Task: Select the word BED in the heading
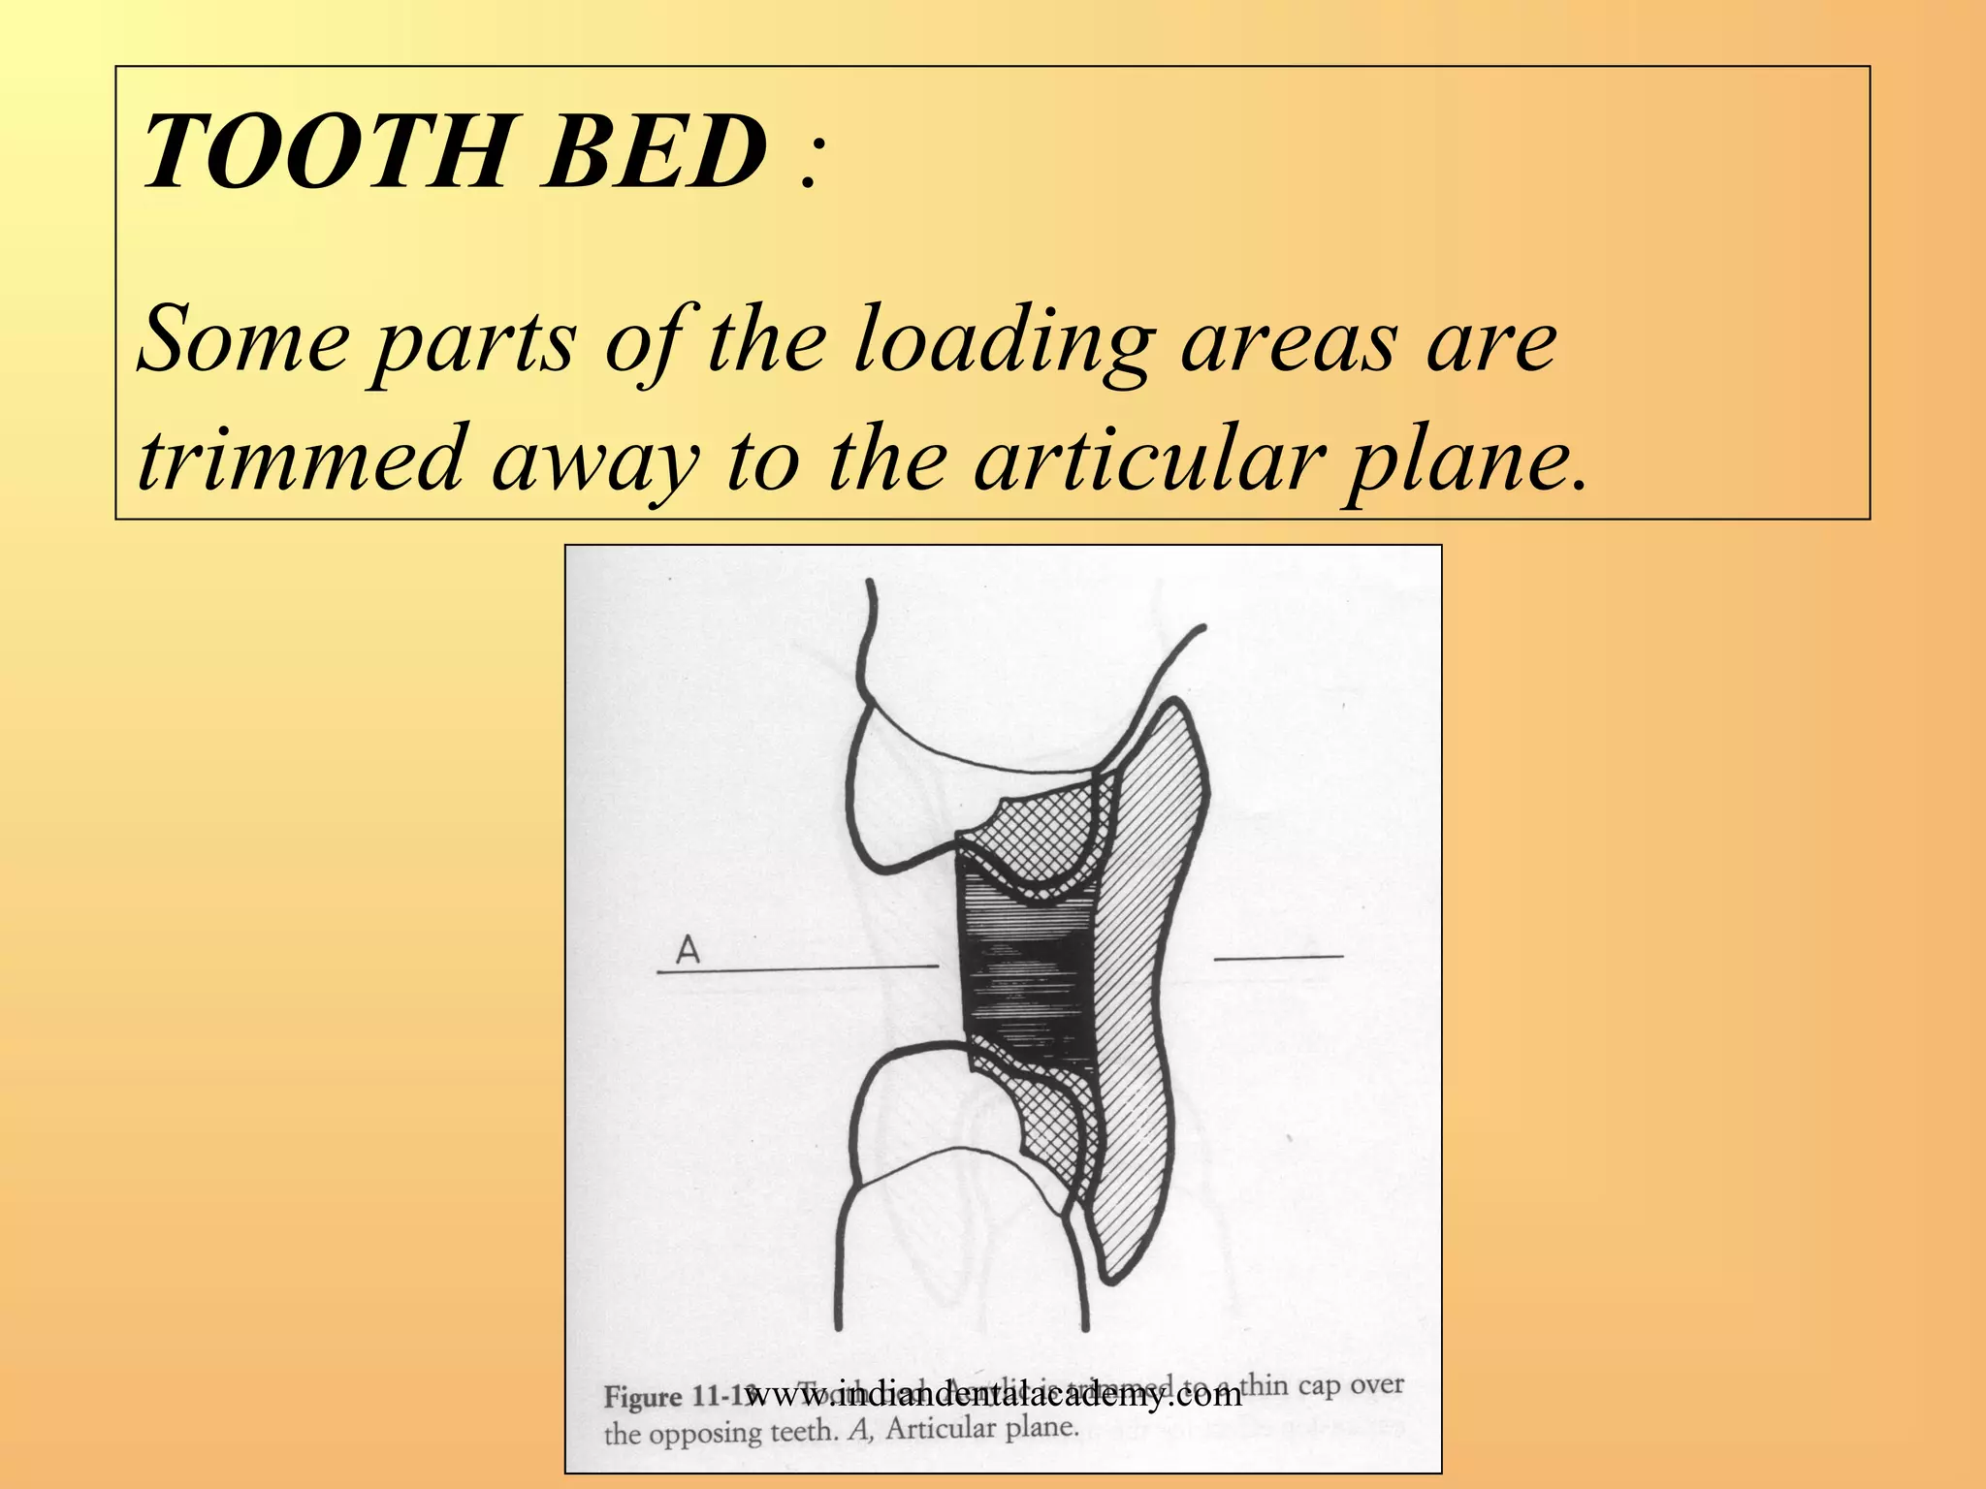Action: pyautogui.click(x=656, y=152)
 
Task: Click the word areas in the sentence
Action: pyautogui.click(x=1291, y=343)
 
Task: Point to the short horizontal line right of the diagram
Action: pyautogui.click(x=1278, y=958)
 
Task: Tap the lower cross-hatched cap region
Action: pyautogui.click(x=1052, y=1125)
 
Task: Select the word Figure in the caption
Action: pyautogui.click(x=644, y=1397)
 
